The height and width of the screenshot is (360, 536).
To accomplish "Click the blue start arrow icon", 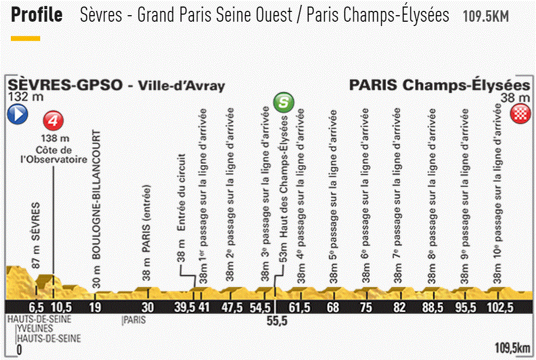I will pos(16,114).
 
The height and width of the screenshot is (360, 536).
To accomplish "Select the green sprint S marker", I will pos(284,102).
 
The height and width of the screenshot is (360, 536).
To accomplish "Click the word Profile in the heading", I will pos(37,15).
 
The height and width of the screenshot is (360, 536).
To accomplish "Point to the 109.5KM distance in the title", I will pos(485,16).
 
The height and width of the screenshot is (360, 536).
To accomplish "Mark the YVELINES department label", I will pos(34,329).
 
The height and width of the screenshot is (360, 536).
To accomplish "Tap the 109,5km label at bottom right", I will pos(512,348).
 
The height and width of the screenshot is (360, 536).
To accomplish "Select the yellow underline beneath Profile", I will pos(26,39).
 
